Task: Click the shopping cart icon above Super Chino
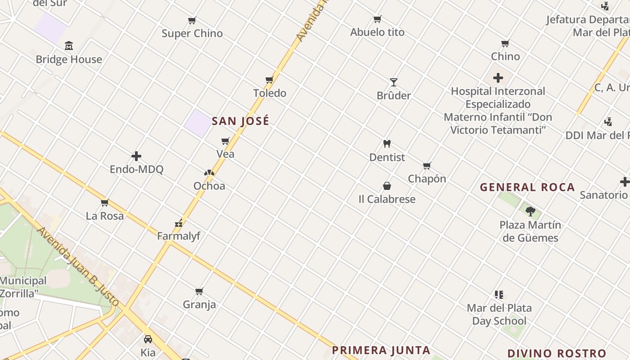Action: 192,20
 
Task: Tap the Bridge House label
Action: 69,59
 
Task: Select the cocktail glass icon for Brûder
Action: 394,82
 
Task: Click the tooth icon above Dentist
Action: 387,144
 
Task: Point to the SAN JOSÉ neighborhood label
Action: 240,121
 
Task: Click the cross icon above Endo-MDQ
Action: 136,156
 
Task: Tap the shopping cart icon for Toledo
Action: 270,80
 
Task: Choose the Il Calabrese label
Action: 387,199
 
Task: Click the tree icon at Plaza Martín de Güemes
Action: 531,211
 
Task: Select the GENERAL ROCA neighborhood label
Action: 527,187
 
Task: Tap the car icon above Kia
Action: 148,339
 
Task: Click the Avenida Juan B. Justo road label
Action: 78,267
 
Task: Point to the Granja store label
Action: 199,305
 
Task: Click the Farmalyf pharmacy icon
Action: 179,223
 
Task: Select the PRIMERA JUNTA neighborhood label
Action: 381,350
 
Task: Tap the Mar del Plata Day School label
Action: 499,315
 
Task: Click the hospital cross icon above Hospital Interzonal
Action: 498,78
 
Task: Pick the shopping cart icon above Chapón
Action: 427,166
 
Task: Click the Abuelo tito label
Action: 378,32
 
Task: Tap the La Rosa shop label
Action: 105,216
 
